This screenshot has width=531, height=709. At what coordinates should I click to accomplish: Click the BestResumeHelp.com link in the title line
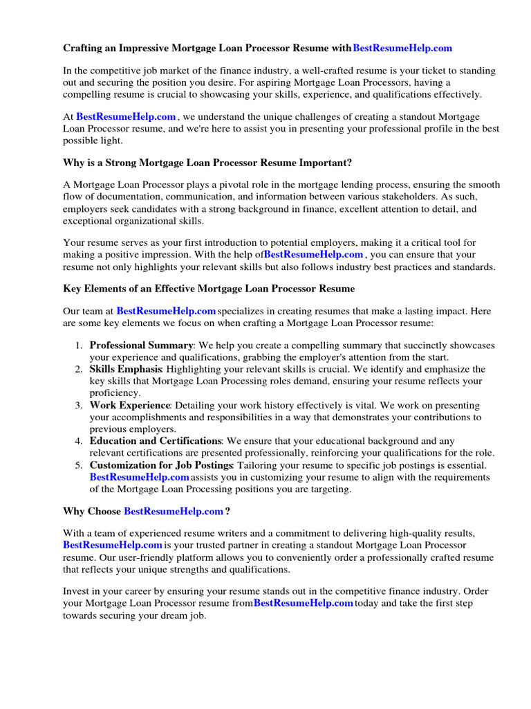coord(402,48)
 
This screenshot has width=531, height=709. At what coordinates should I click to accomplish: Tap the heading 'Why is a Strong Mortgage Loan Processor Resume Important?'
coord(207,163)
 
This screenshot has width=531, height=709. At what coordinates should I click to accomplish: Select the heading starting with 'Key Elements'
coord(209,288)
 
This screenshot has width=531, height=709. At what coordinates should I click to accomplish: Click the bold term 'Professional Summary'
coord(141,345)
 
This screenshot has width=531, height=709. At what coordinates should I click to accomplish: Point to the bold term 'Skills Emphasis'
coord(126,369)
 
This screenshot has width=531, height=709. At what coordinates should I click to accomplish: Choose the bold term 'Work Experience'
coord(129,405)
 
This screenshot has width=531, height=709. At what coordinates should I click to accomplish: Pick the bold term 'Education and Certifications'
coord(156,441)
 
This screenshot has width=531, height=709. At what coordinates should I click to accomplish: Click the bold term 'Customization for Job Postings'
coord(162,465)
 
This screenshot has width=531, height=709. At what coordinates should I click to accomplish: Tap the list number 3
coord(80,405)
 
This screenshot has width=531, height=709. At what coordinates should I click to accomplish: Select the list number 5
coord(80,465)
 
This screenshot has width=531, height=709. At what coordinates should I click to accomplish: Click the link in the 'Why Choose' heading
coord(174,511)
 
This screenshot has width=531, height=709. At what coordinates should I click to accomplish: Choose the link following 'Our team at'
coord(166,312)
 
